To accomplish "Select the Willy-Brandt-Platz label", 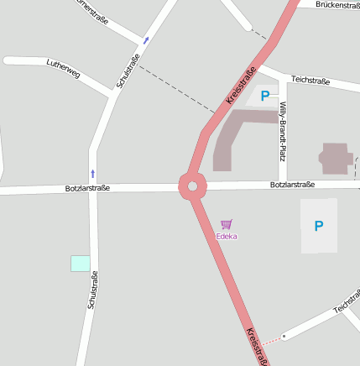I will [284, 130].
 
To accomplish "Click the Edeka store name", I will [227, 237].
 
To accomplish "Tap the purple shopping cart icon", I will [226, 224].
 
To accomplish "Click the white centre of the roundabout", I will [192, 186].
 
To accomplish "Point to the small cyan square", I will [80, 263].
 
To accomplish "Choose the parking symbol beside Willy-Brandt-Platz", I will [265, 97].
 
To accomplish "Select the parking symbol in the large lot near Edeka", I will [318, 226].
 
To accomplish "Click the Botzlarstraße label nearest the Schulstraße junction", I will [88, 189].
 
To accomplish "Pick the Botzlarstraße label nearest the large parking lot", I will [292, 185].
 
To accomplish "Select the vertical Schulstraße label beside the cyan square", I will [92, 290].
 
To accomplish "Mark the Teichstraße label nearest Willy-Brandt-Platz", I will [310, 80].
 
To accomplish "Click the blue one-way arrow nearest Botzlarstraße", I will [92, 174].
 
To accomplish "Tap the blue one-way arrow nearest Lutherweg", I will [146, 40].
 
